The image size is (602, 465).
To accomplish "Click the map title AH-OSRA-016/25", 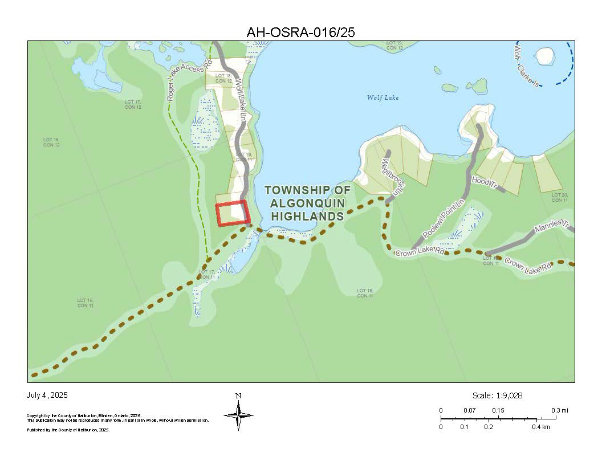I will [300, 32].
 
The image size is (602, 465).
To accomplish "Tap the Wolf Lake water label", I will [383, 97].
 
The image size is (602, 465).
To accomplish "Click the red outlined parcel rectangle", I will [232, 214].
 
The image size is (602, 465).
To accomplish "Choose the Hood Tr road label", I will [485, 183].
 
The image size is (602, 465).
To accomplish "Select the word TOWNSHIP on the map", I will [307, 190].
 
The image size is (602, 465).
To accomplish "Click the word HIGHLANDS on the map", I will [307, 216].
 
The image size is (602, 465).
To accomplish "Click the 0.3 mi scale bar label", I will [560, 410].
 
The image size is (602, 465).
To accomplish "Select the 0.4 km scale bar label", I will [541, 427].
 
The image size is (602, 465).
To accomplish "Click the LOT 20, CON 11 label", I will [560, 197].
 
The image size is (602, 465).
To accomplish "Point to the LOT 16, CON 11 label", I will [86, 303].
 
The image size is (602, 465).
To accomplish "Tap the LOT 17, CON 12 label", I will [133, 104].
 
